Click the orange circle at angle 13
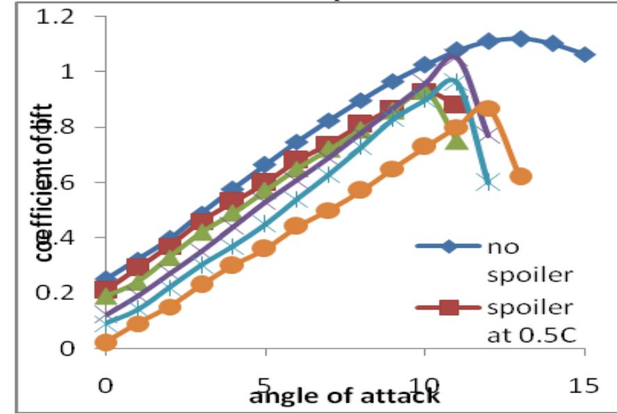[x=520, y=177]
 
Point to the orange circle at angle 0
[x=106, y=342]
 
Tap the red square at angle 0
[x=106, y=289]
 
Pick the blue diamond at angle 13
[x=520, y=38]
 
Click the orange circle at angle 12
[x=488, y=109]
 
